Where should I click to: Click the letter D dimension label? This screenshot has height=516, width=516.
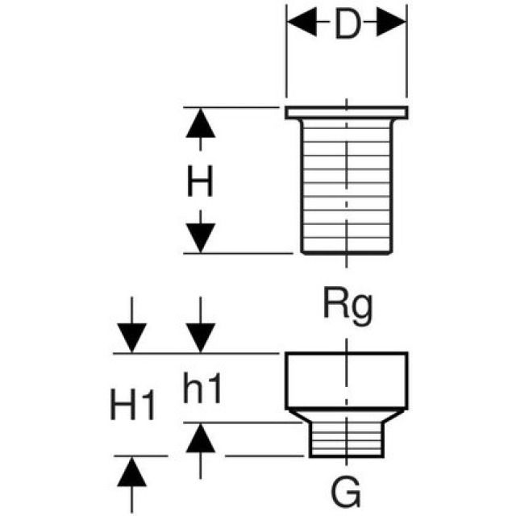(x=346, y=26)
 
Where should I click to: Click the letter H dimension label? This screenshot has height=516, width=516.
(x=201, y=183)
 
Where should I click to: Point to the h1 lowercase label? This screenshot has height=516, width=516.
(x=201, y=391)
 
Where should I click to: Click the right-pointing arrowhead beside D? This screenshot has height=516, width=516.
(x=392, y=25)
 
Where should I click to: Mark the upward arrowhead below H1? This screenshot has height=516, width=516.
(x=131, y=472)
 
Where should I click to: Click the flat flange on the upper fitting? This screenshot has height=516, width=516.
(x=347, y=112)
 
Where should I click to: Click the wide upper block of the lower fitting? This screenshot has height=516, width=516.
(x=347, y=379)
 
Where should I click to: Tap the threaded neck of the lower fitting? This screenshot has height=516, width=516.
(x=347, y=439)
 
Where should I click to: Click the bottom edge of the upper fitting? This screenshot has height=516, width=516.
(x=347, y=252)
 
